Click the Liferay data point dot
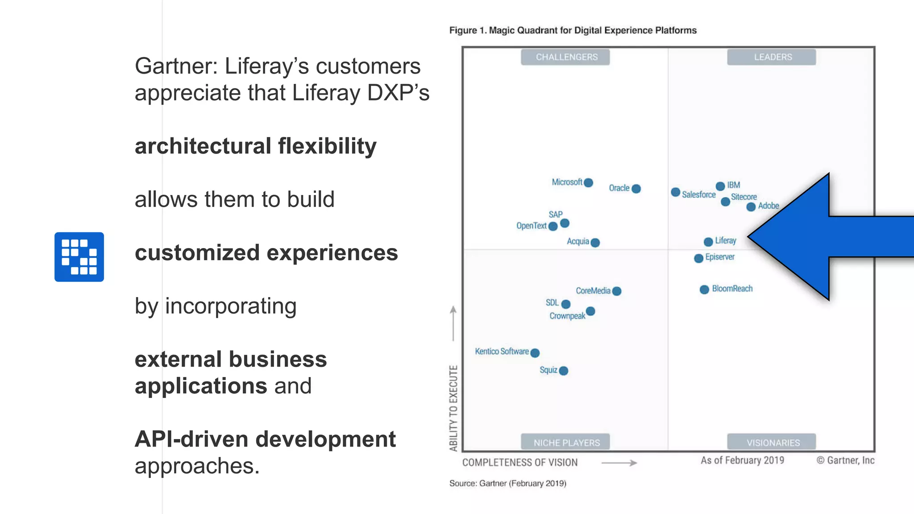[708, 242]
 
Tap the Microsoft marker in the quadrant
[588, 182]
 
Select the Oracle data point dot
[636, 189]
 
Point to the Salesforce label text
[698, 195]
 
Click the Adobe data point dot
[751, 207]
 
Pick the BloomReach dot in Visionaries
[704, 290]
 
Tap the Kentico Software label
[502, 352]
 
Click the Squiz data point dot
[564, 371]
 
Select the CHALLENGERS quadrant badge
[565, 57]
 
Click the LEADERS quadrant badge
[772, 57]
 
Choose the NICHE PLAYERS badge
[565, 442]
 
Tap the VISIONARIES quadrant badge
[772, 442]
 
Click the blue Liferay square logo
[79, 257]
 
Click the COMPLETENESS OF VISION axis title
[519, 463]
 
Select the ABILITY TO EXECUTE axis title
[453, 408]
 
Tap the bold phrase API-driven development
[265, 439]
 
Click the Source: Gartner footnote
[507, 483]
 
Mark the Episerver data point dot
[699, 258]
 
